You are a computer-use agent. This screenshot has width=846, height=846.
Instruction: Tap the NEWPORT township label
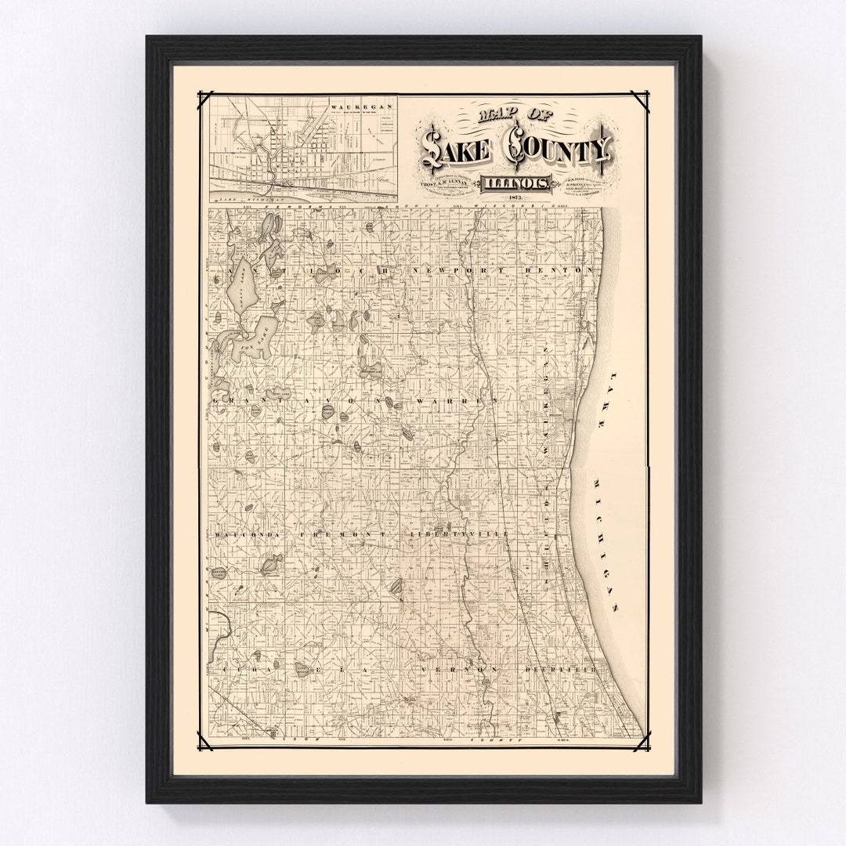pyautogui.click(x=461, y=269)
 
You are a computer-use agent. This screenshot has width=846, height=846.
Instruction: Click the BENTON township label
pyautogui.click(x=572, y=269)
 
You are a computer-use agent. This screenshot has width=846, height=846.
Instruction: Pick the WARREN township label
pyautogui.click(x=472, y=401)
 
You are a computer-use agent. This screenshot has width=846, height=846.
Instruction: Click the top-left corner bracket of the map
pyautogui.click(x=205, y=99)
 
